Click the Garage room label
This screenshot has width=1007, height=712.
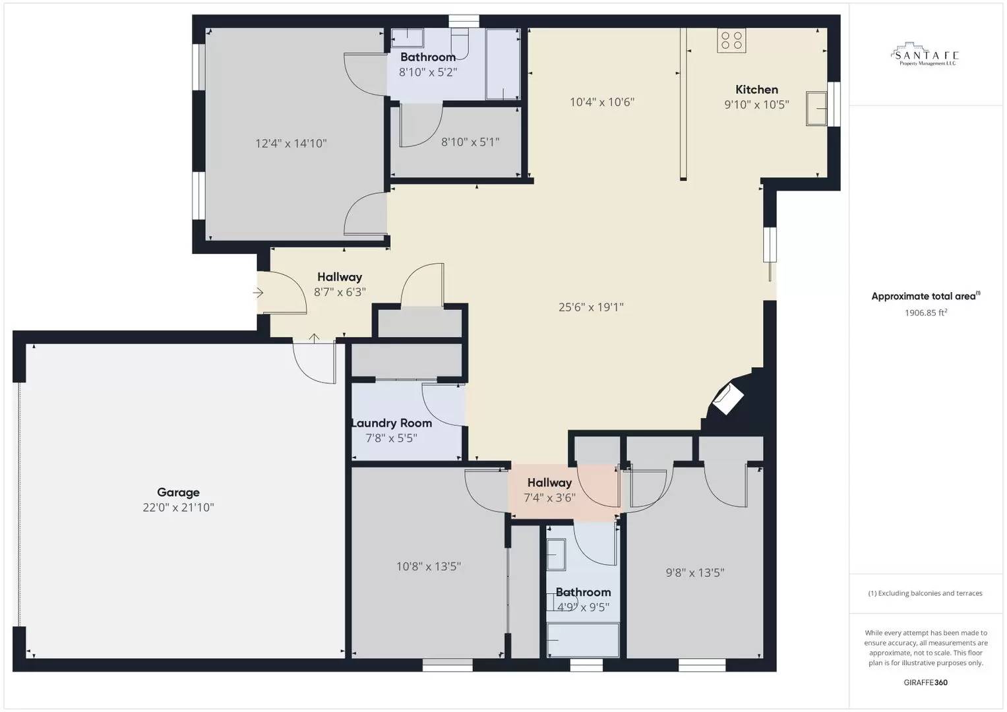coord(178,492)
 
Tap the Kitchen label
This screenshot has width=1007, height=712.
coord(756,90)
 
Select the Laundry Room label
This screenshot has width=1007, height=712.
coord(392,423)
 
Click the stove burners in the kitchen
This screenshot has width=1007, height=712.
coord(731,41)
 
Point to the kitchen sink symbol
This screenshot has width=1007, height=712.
coord(816,109)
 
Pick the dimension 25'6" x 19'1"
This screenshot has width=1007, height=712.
coord(591,307)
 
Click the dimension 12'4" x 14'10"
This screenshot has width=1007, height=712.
coord(291,144)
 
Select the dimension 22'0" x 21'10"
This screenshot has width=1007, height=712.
coord(178,508)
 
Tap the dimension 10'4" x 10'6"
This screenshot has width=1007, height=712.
coord(601,102)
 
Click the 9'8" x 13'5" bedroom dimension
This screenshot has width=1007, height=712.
coord(694,573)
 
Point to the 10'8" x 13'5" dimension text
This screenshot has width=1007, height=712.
coord(428,566)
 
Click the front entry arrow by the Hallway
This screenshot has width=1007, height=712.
coord(259,293)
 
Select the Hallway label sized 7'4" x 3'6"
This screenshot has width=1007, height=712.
coord(549,483)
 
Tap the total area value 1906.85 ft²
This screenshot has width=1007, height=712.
coord(925,313)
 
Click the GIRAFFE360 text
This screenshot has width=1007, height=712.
coord(925,682)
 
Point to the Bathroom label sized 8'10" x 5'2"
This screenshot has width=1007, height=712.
coord(427,57)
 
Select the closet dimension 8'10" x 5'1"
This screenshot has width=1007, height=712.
coord(470,142)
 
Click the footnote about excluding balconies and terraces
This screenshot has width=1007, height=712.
coord(925,593)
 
